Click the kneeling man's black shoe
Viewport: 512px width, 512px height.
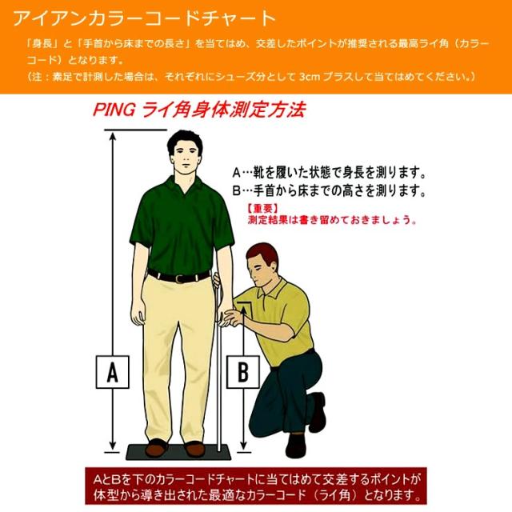click(x=318, y=411)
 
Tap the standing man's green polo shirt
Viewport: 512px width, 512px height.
click(x=182, y=224)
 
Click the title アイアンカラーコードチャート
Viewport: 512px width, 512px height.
click(x=145, y=18)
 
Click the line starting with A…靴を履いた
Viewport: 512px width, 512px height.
click(x=328, y=172)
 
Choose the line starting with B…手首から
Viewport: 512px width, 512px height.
click(x=328, y=191)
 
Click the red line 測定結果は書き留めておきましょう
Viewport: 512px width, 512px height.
click(x=332, y=219)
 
